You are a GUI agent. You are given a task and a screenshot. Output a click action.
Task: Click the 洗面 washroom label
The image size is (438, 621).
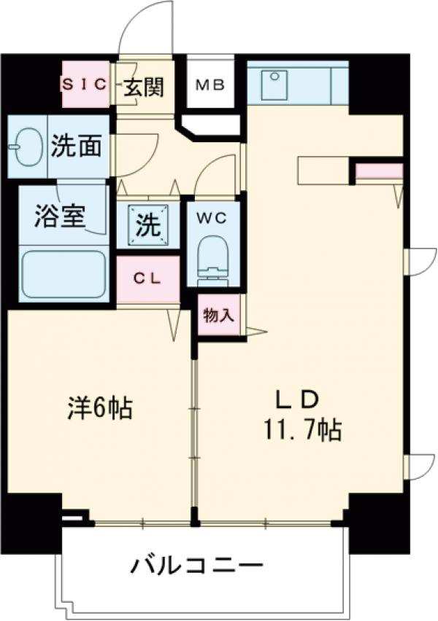(x=76, y=147)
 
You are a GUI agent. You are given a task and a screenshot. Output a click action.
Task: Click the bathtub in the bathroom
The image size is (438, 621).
(x=63, y=274)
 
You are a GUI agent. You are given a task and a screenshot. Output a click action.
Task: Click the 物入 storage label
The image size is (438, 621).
(x=219, y=315)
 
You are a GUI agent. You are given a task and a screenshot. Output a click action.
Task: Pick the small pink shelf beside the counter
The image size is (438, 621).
(x=379, y=171)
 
